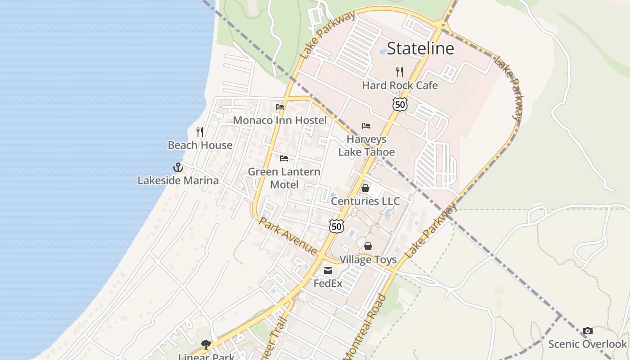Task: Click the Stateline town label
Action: pos(420,48)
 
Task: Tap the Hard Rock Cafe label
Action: pos(400,85)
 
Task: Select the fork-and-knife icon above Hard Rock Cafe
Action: pos(400,72)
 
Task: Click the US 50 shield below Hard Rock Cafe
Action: pos(400,104)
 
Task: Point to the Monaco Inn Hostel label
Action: pos(280,120)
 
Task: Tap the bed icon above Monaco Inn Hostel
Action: pos(280,107)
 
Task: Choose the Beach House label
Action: pos(200,145)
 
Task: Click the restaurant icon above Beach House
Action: pos(200,132)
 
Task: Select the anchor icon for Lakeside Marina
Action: pos(178,167)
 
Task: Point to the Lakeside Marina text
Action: pos(178,180)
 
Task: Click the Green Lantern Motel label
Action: pos(284,178)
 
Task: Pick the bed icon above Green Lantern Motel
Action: pos(284,158)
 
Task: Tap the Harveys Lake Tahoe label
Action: pos(366,146)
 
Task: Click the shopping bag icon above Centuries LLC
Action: pos(365,188)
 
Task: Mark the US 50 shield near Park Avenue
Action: pos(337,226)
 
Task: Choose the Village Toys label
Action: pos(368,260)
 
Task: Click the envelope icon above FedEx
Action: pos(328,270)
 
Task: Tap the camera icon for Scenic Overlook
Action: pos(587,331)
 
